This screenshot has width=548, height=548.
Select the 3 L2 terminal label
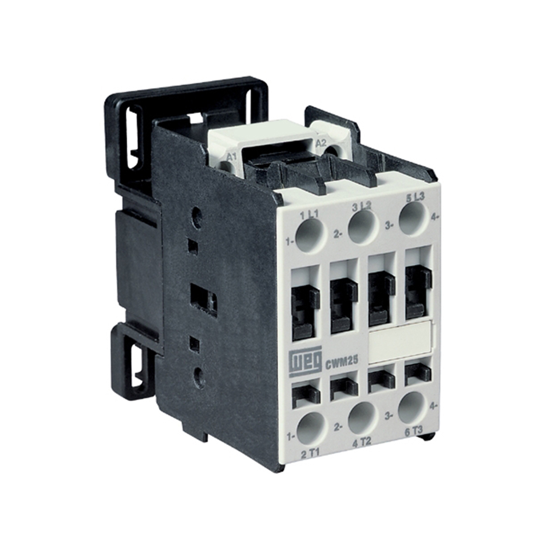click(362, 206)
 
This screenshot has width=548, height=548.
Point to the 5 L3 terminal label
click(414, 199)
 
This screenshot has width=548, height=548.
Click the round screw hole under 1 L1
click(311, 235)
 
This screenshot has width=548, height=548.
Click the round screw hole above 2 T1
click(311, 428)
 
